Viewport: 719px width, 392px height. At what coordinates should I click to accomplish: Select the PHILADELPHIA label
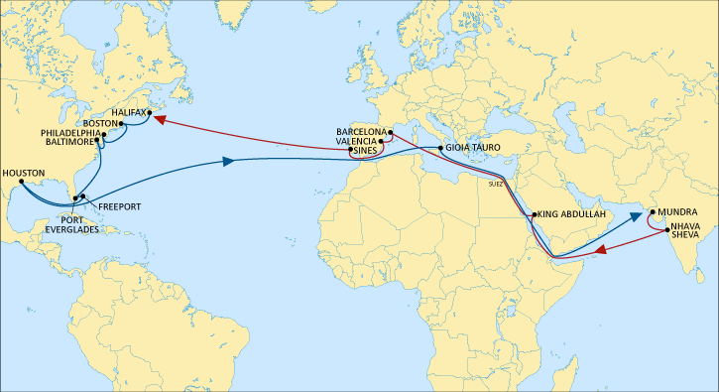click(70, 133)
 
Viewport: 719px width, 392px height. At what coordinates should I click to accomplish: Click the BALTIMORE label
click(71, 142)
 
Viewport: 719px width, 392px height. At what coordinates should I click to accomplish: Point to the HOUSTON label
click(24, 173)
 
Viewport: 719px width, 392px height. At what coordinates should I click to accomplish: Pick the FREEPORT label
click(118, 206)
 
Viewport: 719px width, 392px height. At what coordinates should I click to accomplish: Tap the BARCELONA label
click(360, 131)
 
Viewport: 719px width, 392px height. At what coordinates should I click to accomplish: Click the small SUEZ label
click(496, 183)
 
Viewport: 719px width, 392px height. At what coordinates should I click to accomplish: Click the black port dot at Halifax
click(149, 113)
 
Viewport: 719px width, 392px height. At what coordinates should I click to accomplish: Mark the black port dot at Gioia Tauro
click(440, 148)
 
